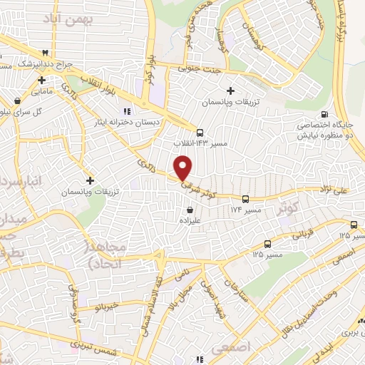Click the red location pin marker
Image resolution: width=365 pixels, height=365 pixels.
pyautogui.click(x=184, y=168)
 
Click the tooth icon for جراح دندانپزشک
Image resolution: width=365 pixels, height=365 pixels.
pyautogui.click(x=46, y=53)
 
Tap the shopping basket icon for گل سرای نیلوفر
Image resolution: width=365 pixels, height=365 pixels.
pyautogui.click(x=18, y=101)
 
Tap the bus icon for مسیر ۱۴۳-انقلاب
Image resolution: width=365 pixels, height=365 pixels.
pyautogui.click(x=200, y=132)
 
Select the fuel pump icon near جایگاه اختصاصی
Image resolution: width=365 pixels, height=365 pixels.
pyautogui.click(x=325, y=115)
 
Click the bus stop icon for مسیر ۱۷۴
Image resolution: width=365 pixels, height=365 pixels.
pyautogui.click(x=245, y=200)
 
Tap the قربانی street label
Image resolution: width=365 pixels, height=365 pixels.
pyautogui.click(x=304, y=232)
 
